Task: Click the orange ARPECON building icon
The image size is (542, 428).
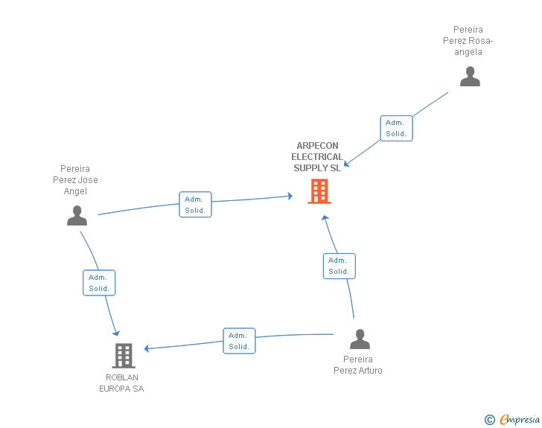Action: (319, 191)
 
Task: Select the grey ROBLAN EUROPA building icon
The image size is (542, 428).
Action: (124, 356)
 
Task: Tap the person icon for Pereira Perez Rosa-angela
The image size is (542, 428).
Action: (470, 77)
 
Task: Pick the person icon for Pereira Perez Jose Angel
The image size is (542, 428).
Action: (77, 216)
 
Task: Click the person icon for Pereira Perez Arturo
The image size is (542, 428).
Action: (360, 339)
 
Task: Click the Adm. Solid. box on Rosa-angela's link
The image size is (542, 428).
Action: (397, 128)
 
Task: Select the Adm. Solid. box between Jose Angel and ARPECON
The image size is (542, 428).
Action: (195, 204)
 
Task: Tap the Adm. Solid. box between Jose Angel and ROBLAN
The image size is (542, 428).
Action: (99, 283)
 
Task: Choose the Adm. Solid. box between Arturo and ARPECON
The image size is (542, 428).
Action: (339, 266)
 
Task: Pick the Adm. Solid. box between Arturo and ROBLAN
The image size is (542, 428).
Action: (239, 341)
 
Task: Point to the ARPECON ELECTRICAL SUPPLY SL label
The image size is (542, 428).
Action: (317, 157)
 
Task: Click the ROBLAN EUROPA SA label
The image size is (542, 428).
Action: (121, 383)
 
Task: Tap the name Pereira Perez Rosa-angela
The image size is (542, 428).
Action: (468, 41)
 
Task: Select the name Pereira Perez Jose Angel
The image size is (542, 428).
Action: (75, 180)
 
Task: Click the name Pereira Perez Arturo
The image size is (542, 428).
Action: (358, 365)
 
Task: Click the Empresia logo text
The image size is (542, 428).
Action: (520, 419)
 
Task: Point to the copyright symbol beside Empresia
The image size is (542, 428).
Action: (490, 420)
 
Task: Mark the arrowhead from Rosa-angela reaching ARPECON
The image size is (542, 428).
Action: (347, 164)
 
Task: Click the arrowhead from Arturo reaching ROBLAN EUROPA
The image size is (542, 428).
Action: (147, 348)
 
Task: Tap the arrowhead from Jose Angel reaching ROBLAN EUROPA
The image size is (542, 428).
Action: (116, 333)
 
